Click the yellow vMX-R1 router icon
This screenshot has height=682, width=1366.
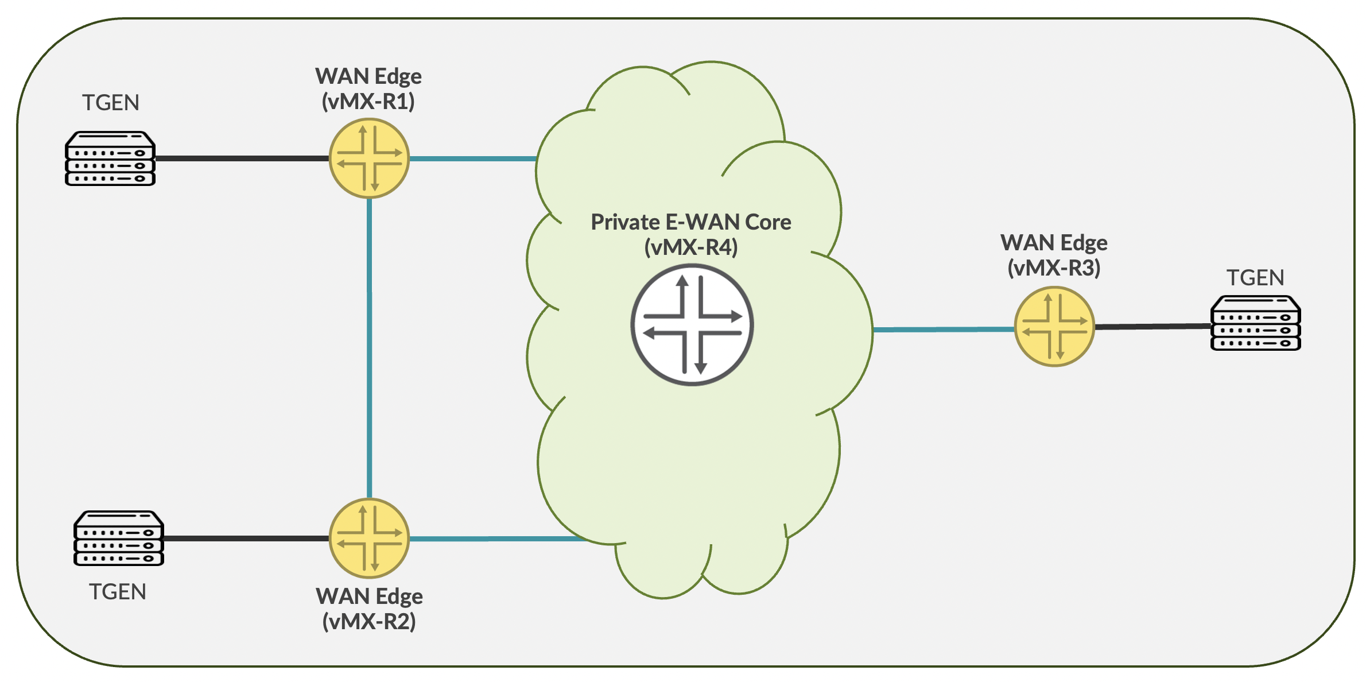click(x=369, y=158)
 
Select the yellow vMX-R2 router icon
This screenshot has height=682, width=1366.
click(x=369, y=538)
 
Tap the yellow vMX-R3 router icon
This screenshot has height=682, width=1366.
click(x=1054, y=327)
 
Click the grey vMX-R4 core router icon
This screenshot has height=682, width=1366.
click(x=692, y=325)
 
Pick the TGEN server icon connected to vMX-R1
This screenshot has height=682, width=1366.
click(x=110, y=159)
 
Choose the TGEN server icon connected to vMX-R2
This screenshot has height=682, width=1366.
click(x=119, y=538)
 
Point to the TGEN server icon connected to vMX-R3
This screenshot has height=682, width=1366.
click(x=1255, y=323)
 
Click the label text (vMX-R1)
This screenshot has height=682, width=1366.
click(x=368, y=102)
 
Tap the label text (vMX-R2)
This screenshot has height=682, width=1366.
click(x=369, y=621)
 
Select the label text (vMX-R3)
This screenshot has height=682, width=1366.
click(x=1054, y=268)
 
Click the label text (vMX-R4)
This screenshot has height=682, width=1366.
click(x=691, y=247)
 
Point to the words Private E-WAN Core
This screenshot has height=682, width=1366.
click(x=691, y=222)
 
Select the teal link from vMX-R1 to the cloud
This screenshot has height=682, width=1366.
click(x=474, y=158)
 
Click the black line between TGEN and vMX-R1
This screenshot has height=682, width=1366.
click(x=241, y=158)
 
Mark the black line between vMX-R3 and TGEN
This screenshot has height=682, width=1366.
click(x=1152, y=326)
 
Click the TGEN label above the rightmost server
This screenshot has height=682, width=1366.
click(x=1255, y=278)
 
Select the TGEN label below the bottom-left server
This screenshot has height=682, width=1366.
click(x=118, y=592)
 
